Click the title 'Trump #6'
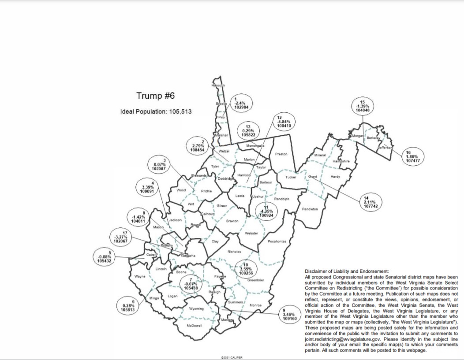[156, 96]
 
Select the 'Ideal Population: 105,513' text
[156, 111]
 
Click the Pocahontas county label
[277, 241]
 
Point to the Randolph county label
[281, 199]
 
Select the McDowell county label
[194, 325]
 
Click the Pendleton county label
[310, 209]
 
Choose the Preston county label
[281, 154]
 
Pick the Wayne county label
[140, 277]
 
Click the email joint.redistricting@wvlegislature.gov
[343, 340]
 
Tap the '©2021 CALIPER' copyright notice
[232, 357]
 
